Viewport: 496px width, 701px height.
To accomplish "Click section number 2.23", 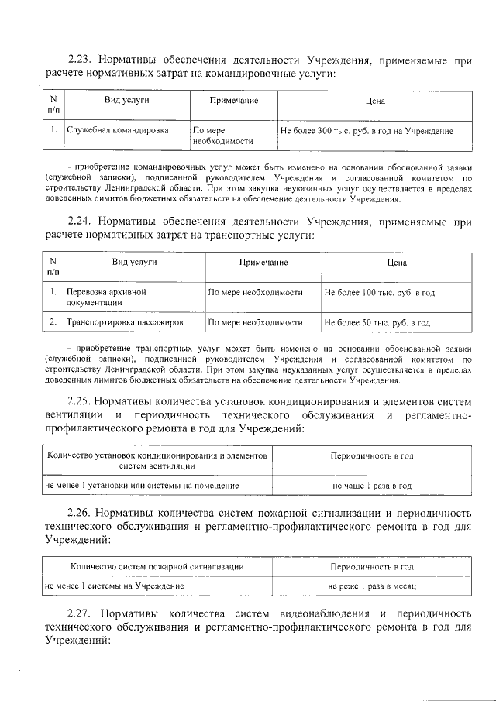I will [80, 59].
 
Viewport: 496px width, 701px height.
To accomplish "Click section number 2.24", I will [80, 222].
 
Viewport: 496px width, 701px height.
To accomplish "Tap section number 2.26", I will [80, 513].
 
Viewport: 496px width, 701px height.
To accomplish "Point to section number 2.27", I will [80, 614].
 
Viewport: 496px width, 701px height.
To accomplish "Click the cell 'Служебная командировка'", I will [117, 131].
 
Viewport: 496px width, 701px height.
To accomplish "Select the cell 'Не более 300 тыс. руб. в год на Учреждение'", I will [367, 132].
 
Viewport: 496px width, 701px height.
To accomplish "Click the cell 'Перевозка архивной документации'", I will [107, 297].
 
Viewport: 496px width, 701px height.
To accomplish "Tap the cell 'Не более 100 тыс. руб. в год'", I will [379, 293].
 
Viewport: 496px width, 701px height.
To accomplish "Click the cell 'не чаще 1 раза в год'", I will [371, 486].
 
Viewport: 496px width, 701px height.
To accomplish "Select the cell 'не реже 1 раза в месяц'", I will [371, 586].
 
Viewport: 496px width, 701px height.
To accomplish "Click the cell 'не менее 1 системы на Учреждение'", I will [114, 586].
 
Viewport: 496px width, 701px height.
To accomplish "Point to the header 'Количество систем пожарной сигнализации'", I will [157, 567].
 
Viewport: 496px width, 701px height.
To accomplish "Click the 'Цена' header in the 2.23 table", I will [375, 101].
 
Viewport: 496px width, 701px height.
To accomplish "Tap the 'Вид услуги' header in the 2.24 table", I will [134, 263].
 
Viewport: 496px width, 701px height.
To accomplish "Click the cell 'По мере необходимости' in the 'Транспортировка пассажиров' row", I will [255, 322].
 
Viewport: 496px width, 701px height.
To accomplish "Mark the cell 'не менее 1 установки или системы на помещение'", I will [142, 486].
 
